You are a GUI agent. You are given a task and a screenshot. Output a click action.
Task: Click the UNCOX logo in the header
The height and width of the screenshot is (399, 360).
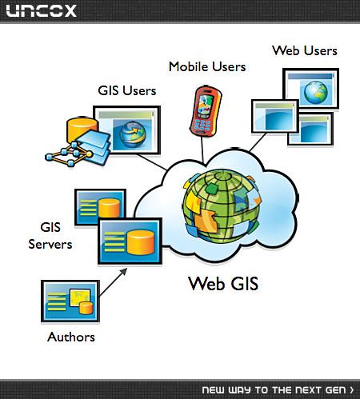coord(42,11)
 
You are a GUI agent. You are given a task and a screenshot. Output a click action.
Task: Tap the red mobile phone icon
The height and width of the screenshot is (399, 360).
coord(206,111)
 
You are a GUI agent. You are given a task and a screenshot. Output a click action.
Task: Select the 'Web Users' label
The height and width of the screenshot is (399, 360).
coord(305,50)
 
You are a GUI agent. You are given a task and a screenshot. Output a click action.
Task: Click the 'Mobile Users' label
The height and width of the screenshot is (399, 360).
coord(207,66)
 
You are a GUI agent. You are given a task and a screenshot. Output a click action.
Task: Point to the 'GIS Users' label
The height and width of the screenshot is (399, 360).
coord(127,90)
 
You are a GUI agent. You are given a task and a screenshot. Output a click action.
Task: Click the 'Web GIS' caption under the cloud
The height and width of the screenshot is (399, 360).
coord(223,283)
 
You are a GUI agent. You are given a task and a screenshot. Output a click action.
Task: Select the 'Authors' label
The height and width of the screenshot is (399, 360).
coord(71,337)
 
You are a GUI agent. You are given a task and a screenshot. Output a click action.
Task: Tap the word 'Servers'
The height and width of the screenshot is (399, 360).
coord(50,245)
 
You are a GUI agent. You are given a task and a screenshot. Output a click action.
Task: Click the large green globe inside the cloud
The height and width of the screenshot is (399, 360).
coord(222,205)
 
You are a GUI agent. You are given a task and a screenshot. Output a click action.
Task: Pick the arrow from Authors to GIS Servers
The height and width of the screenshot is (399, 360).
coord(113,282)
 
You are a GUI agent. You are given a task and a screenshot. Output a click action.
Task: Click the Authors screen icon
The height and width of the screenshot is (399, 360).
coord(70,301)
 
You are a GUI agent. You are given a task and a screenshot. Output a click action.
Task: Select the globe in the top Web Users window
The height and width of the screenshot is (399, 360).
coord(316,92)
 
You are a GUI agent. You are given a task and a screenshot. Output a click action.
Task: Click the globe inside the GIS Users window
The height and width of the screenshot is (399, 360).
coord(133,134)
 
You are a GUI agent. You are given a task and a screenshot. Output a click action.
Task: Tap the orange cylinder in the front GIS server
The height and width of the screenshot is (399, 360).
coord(141,242)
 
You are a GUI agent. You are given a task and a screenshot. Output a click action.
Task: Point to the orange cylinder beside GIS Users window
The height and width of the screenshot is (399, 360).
coord(82,130)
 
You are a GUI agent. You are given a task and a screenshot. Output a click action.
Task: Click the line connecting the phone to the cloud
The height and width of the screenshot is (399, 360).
coord(202,150)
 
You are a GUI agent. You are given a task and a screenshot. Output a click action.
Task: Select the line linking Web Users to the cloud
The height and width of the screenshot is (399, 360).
coord(258,142)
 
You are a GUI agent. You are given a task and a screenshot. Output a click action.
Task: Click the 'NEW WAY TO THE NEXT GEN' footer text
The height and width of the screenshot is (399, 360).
coord(278,390)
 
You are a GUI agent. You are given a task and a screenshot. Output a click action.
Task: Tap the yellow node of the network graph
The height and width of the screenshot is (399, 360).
coord(90,154)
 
